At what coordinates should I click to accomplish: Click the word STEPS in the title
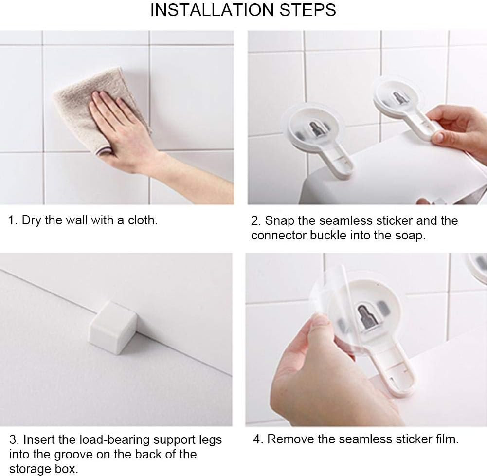coord(308,10)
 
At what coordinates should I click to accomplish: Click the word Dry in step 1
coord(31,221)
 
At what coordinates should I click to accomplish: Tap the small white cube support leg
coord(113,328)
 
